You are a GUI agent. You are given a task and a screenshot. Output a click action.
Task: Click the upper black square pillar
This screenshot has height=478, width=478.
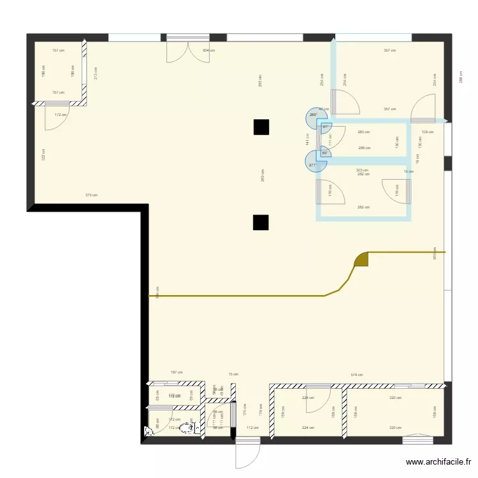point(261,127)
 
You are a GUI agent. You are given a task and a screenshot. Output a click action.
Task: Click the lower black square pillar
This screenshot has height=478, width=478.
point(261,222)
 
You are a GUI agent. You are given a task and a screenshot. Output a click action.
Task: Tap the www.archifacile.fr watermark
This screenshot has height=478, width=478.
point(439,463)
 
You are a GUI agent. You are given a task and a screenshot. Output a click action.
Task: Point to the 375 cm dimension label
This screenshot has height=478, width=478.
point(92,195)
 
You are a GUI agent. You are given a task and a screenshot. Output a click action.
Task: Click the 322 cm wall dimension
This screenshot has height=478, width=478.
point(43,154)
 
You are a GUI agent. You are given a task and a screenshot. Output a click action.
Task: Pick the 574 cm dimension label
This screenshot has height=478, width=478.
point(356,375)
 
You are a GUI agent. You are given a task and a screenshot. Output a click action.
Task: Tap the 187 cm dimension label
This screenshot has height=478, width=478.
point(177,373)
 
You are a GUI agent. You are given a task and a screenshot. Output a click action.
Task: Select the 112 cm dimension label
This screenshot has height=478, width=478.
point(253,428)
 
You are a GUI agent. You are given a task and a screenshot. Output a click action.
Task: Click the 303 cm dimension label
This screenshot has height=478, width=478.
point(362,170)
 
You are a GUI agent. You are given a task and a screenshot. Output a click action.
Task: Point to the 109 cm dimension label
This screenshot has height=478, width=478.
point(427,133)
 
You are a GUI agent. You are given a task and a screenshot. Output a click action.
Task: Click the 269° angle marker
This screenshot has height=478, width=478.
point(314,115)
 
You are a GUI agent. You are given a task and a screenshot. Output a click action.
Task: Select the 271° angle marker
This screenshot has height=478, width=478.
point(314,165)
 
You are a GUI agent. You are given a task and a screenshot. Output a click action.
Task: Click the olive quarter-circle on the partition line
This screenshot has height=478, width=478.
point(362,259)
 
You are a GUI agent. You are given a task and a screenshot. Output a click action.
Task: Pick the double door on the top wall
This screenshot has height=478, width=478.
point(187,51)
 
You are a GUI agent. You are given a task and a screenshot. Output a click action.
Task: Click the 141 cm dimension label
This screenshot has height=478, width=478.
point(308,139)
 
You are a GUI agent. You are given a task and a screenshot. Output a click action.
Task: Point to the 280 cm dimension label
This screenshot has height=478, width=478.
point(363,133)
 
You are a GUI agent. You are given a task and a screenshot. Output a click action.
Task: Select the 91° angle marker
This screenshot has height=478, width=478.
point(325,127)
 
